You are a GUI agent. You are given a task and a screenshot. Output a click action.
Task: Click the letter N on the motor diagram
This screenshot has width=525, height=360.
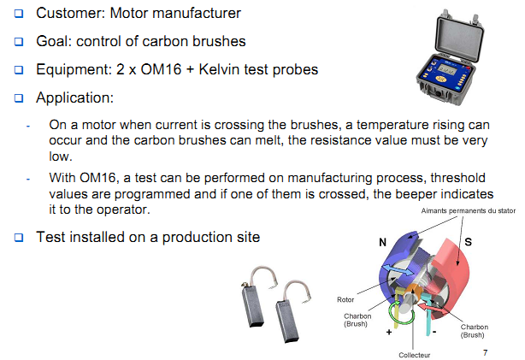[381, 242]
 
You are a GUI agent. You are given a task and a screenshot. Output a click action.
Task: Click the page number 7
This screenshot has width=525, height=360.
[487, 351]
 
